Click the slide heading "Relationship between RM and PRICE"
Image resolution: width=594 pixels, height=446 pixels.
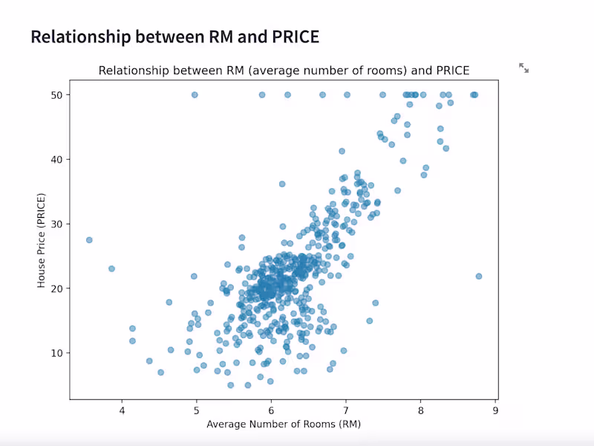tap(174, 37)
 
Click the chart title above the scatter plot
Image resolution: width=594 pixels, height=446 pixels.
tap(284, 71)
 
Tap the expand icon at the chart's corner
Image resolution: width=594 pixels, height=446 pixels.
tap(523, 68)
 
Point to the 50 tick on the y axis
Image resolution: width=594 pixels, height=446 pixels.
tap(56, 95)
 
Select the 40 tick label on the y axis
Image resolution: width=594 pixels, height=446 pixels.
tap(56, 159)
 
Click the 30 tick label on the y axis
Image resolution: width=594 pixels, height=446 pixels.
tap(56, 224)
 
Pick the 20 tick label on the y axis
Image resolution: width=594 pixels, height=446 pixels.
tap(56, 288)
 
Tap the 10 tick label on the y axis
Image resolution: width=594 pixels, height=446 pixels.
tap(56, 352)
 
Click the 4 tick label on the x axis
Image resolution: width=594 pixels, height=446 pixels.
tap(122, 410)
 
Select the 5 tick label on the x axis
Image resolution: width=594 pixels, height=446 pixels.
tap(197, 410)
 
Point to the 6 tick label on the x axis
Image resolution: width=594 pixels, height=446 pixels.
tap(272, 410)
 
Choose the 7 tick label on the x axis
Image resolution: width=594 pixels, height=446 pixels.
tap(347, 410)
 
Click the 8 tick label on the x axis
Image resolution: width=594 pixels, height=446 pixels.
tap(421, 410)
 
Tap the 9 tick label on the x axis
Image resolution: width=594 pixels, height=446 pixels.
tap(496, 410)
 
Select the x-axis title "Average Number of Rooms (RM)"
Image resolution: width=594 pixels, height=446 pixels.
tap(284, 424)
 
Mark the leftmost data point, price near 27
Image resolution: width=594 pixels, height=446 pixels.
tap(89, 240)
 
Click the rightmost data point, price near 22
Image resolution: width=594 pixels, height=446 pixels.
tap(479, 276)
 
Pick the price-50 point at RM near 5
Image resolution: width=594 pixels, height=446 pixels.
tap(195, 95)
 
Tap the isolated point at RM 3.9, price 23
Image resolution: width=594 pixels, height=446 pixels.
tap(111, 268)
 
